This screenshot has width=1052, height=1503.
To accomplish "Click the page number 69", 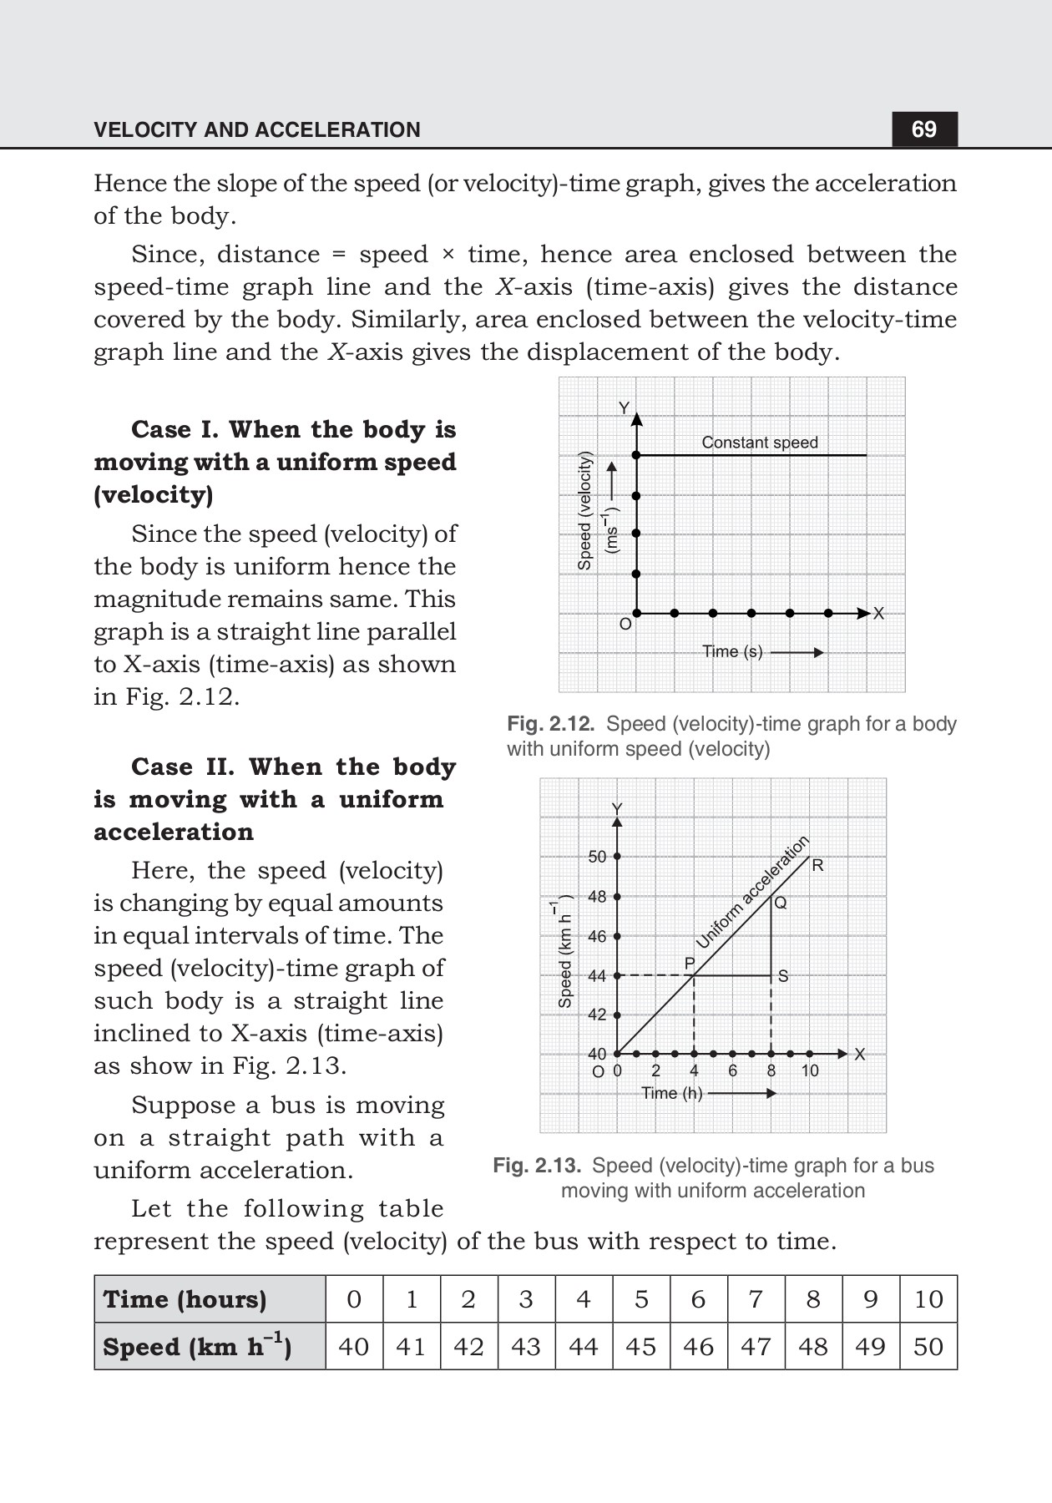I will pyautogui.click(x=924, y=129).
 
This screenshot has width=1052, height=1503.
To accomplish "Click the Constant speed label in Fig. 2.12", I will pyautogui.click(x=759, y=443).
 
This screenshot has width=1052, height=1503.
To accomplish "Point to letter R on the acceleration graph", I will pyautogui.click(x=817, y=866).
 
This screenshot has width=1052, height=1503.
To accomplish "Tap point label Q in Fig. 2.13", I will pyautogui.click(x=781, y=903).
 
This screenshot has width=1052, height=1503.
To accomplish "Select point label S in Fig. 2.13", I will pyautogui.click(x=783, y=975).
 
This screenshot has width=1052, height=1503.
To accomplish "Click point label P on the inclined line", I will pyautogui.click(x=690, y=964).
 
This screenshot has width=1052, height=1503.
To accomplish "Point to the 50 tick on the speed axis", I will pyautogui.click(x=597, y=857).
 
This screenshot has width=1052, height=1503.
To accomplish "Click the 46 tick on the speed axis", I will pyautogui.click(x=597, y=936).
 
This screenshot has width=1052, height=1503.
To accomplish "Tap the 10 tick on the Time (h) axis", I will pyautogui.click(x=810, y=1071).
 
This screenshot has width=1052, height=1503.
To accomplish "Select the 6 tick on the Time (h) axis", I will pyautogui.click(x=732, y=1071).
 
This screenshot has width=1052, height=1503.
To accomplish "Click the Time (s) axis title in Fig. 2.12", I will pyautogui.click(x=732, y=652).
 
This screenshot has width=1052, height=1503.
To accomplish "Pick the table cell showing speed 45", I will pyautogui.click(x=640, y=1347).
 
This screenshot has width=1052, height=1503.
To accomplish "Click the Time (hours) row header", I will pyautogui.click(x=185, y=1299).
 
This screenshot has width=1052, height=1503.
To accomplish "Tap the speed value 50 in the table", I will pyautogui.click(x=928, y=1347).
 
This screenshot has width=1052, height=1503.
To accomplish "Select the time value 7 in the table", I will pyautogui.click(x=755, y=1299).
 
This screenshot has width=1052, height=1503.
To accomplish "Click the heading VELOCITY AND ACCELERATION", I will pyautogui.click(x=257, y=130).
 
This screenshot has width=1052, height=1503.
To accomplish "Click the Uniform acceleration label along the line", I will pyautogui.click(x=752, y=892).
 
